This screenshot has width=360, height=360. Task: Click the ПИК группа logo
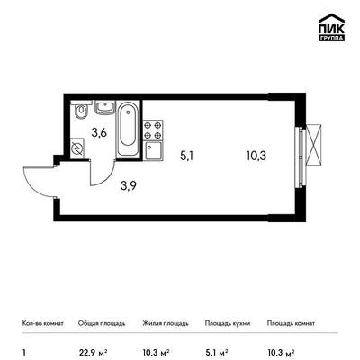[x=331, y=27]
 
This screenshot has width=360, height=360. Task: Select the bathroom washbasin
[x=105, y=107]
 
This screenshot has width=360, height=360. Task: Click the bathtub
[x=128, y=129]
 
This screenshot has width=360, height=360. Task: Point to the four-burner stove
[x=153, y=130]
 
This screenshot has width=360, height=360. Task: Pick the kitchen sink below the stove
[x=153, y=151]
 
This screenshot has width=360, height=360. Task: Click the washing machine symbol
[x=77, y=148]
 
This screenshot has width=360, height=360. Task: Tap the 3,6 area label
[x=99, y=132]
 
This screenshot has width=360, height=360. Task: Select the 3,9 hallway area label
[x=129, y=186]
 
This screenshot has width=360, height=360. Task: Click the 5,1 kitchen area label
[x=186, y=156]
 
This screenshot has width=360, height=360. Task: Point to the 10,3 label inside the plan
[x=256, y=156]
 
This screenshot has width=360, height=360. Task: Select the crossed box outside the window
[x=313, y=145]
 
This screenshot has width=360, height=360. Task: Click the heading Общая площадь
[x=102, y=323]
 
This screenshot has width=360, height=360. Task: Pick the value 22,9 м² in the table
[x=93, y=352]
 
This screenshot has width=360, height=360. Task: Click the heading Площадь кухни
[x=228, y=323]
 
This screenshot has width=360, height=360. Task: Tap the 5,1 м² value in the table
[x=217, y=352]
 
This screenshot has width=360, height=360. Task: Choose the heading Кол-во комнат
[x=43, y=323]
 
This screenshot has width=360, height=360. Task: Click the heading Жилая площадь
[x=166, y=323]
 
